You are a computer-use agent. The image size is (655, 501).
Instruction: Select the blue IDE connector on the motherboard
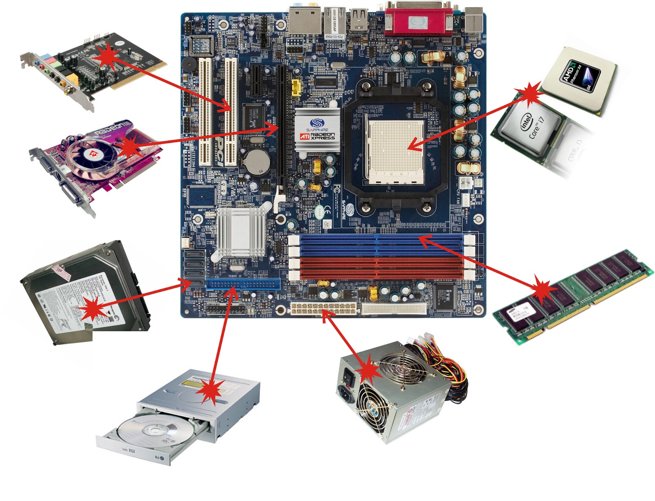pyautogui.click(x=243, y=283)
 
